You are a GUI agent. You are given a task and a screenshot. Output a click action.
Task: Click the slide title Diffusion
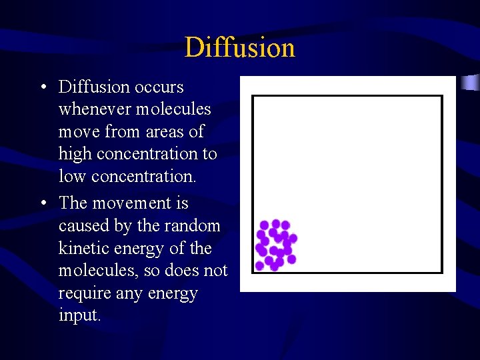click(x=239, y=47)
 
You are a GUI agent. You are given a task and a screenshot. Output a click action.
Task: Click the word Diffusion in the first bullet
click(x=94, y=87)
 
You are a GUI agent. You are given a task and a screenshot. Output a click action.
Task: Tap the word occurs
click(x=159, y=87)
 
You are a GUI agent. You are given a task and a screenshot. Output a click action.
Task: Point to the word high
click(x=73, y=154)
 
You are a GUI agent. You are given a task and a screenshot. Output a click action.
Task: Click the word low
click(x=72, y=176)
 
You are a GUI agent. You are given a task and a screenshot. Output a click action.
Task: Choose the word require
click(x=85, y=293)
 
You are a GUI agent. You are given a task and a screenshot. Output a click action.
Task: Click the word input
click(x=79, y=315)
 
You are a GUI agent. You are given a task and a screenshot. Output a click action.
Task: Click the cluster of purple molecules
click(x=275, y=245)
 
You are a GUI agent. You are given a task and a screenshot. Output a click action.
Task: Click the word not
click(x=215, y=271)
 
